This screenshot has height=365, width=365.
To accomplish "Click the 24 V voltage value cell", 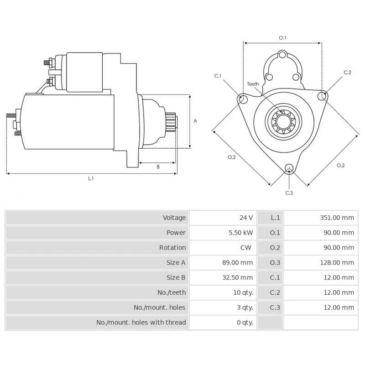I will point(246,218).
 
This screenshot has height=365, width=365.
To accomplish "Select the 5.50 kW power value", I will point(241,233).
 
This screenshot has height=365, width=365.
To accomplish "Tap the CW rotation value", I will point(247,248).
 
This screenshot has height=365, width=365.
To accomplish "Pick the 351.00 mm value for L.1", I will point(337,218).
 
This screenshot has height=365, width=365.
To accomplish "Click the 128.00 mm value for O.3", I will point(337,263).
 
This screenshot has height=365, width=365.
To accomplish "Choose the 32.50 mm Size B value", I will point(240,277).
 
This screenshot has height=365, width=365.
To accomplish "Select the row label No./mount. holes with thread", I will point(141,323).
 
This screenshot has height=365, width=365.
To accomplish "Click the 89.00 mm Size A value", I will point(240,263).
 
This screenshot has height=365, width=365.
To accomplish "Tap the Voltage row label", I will point(174,218).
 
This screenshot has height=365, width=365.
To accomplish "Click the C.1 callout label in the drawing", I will point(218,76).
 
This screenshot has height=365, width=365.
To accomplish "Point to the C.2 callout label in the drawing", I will point(347,73).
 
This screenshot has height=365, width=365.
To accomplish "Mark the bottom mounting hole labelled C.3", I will point(289,169).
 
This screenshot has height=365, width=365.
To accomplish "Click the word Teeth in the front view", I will point(253,84).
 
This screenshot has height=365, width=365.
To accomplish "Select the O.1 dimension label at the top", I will point(282,37).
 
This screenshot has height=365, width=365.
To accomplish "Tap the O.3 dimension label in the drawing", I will point(232,157).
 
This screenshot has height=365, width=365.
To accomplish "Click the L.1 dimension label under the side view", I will point(91,178).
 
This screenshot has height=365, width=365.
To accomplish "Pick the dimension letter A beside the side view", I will point(195,121).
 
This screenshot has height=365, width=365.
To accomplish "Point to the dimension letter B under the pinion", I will point(158,167).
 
